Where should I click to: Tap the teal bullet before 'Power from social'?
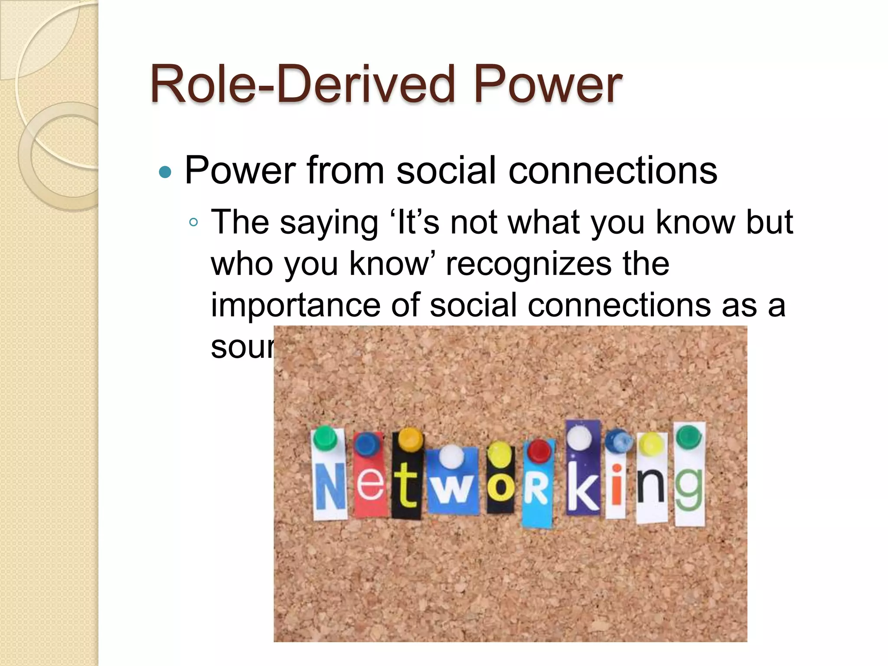point(165,172)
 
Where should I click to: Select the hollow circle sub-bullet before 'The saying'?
point(194,223)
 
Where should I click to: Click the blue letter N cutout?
point(330,486)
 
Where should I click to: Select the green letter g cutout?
point(689,488)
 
